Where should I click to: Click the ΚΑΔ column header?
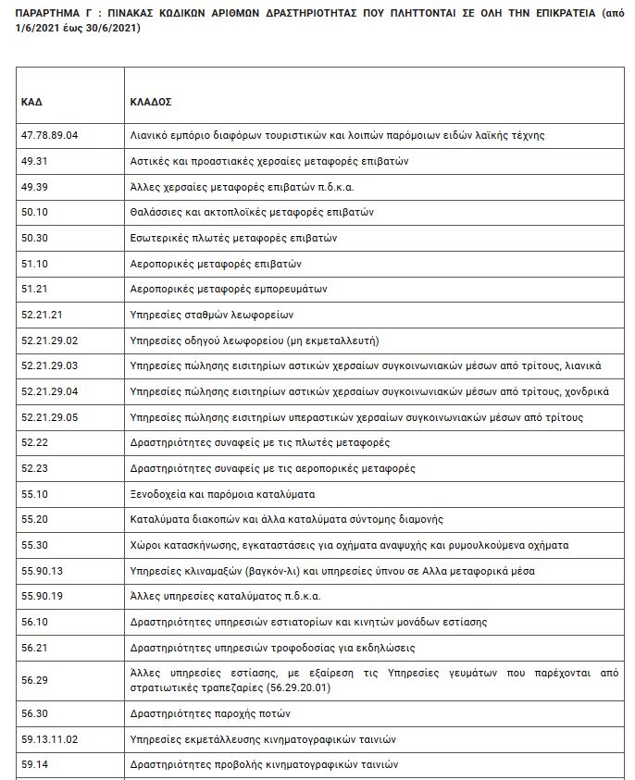[31, 102]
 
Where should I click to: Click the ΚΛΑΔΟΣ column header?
[151, 102]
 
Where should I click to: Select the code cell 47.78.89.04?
[50, 135]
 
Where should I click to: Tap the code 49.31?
[34, 161]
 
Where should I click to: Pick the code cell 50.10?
[34, 212]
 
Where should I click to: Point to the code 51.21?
[34, 289]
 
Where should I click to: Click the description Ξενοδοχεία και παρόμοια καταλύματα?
[222, 494]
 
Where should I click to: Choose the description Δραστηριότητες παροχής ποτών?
[210, 713]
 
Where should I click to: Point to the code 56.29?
[34, 680]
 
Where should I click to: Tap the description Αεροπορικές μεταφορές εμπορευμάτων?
[229, 289]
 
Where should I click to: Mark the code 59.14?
[34, 765]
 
